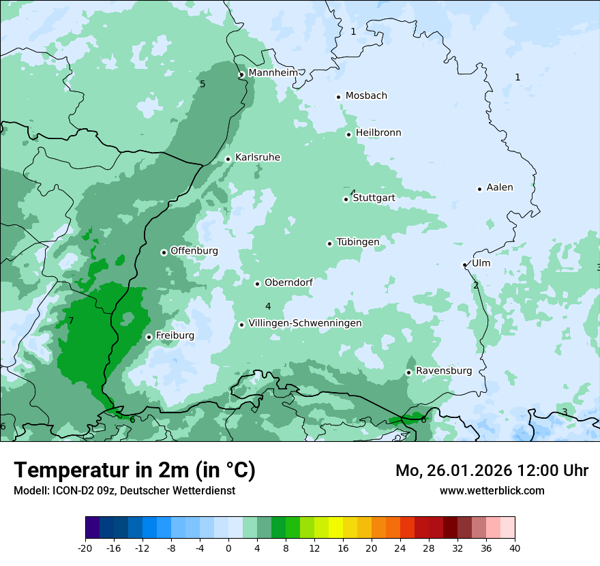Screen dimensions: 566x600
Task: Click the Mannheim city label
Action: pyautogui.click(x=273, y=73)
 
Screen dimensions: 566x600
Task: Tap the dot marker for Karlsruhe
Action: pyautogui.click(x=228, y=159)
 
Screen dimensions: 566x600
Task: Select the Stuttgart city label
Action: pyautogui.click(x=374, y=198)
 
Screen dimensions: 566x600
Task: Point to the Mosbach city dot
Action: pyautogui.click(x=338, y=97)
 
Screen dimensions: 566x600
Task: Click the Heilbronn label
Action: pyautogui.click(x=378, y=133)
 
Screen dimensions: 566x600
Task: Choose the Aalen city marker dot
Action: pyautogui.click(x=479, y=189)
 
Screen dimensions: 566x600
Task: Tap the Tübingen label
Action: pyautogui.click(x=357, y=243)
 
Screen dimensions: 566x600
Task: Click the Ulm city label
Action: pyautogui.click(x=481, y=263)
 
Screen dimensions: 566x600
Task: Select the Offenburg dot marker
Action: pyautogui.click(x=164, y=252)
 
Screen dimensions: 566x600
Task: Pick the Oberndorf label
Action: pyautogui.click(x=288, y=282)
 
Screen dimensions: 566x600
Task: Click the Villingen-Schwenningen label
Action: pyautogui.click(x=305, y=323)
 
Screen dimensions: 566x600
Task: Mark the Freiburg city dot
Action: pyautogui.click(x=149, y=337)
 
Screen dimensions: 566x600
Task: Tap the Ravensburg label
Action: pyautogui.click(x=444, y=371)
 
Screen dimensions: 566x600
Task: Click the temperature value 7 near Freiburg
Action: pyautogui.click(x=71, y=321)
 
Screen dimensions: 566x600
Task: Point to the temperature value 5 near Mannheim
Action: pyautogui.click(x=202, y=84)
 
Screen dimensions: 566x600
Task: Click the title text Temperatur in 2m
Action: pyautogui.click(x=134, y=471)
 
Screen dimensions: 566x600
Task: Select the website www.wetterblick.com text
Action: pyautogui.click(x=492, y=491)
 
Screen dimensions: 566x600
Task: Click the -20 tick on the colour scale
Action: pyautogui.click(x=85, y=548)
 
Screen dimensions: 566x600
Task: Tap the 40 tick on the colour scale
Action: pyautogui.click(x=515, y=548)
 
